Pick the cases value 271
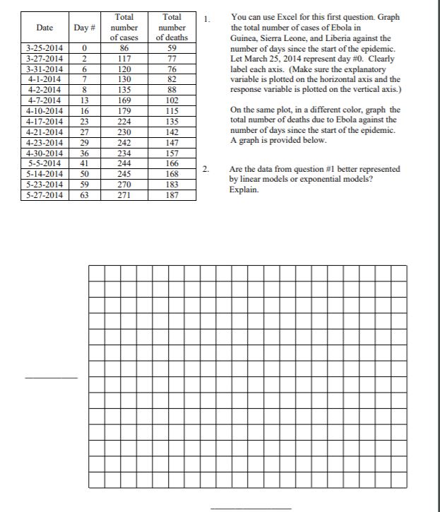[x=125, y=195]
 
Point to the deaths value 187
[x=171, y=195]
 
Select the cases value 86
[x=125, y=49]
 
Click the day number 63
[x=85, y=195]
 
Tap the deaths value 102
[x=171, y=101]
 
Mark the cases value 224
[x=125, y=122]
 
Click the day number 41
[x=85, y=164]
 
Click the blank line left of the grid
[x=51, y=378]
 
